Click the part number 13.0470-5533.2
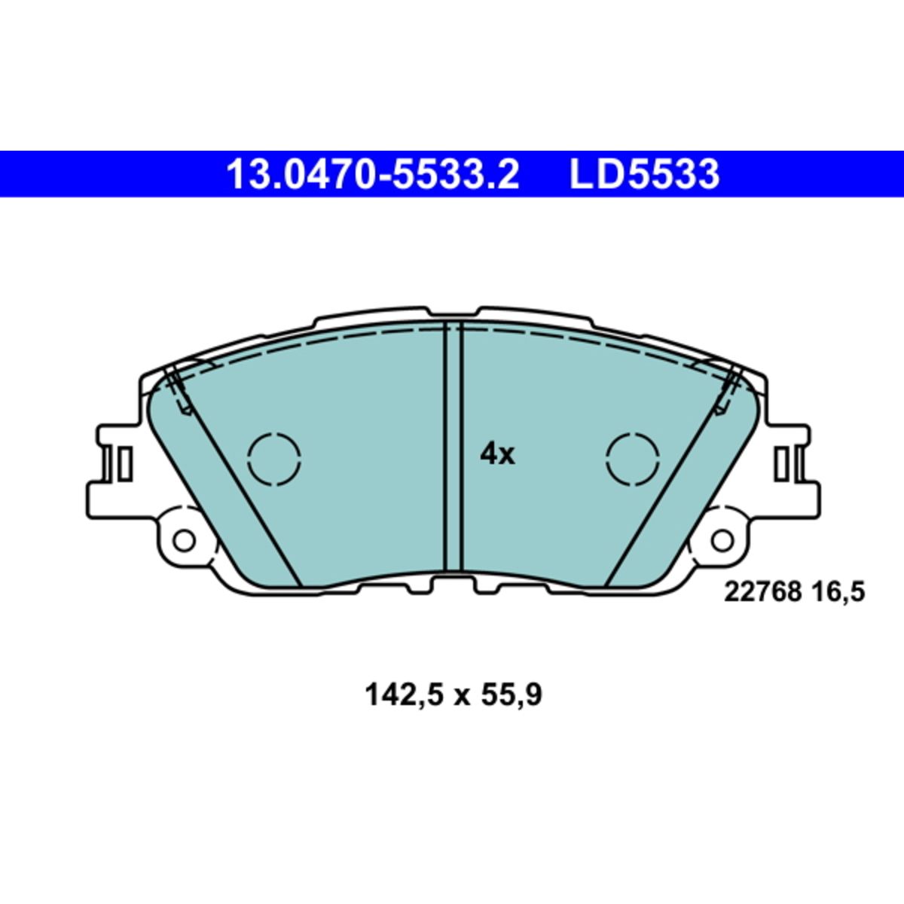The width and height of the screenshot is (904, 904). [x=372, y=174]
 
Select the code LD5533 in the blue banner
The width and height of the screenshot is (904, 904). [x=644, y=174]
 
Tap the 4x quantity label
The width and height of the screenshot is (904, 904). [x=497, y=454]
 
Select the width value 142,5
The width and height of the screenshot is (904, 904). [x=404, y=695]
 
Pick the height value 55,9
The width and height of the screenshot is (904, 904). [x=510, y=695]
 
